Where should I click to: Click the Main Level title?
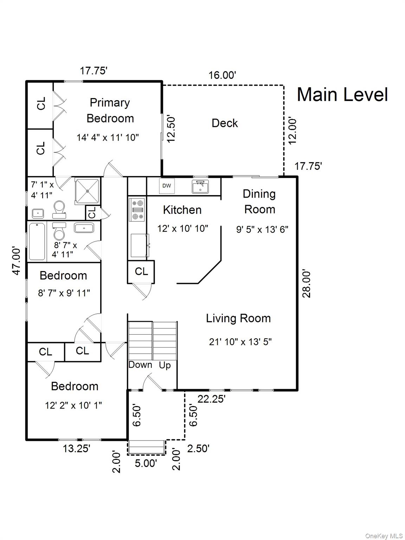coord(342,95)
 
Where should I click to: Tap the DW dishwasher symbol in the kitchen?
coord(167,186)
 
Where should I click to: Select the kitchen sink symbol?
coord(200,186)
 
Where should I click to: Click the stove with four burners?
coord(137,210)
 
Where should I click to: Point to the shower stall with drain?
coord(87,191)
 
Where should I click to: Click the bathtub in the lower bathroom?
coord(37,241)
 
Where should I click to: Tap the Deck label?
coord(225,123)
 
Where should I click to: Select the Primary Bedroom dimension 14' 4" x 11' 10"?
coord(108,137)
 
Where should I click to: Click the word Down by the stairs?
coord(140,365)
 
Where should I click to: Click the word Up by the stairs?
coord(165,365)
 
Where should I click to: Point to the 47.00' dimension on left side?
coord(17,261)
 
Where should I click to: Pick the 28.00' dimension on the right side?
coord(307,284)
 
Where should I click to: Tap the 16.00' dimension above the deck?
coord(222,75)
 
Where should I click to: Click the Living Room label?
coord(238,318)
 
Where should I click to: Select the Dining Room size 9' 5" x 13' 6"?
coord(262,230)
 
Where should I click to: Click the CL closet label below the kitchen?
coord(141,271)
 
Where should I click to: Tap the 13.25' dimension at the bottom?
coord(77,449)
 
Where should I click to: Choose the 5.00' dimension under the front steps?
coord(146,463)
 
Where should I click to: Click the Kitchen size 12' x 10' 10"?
coord(182,229)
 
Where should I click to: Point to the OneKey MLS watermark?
coord(384,536)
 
